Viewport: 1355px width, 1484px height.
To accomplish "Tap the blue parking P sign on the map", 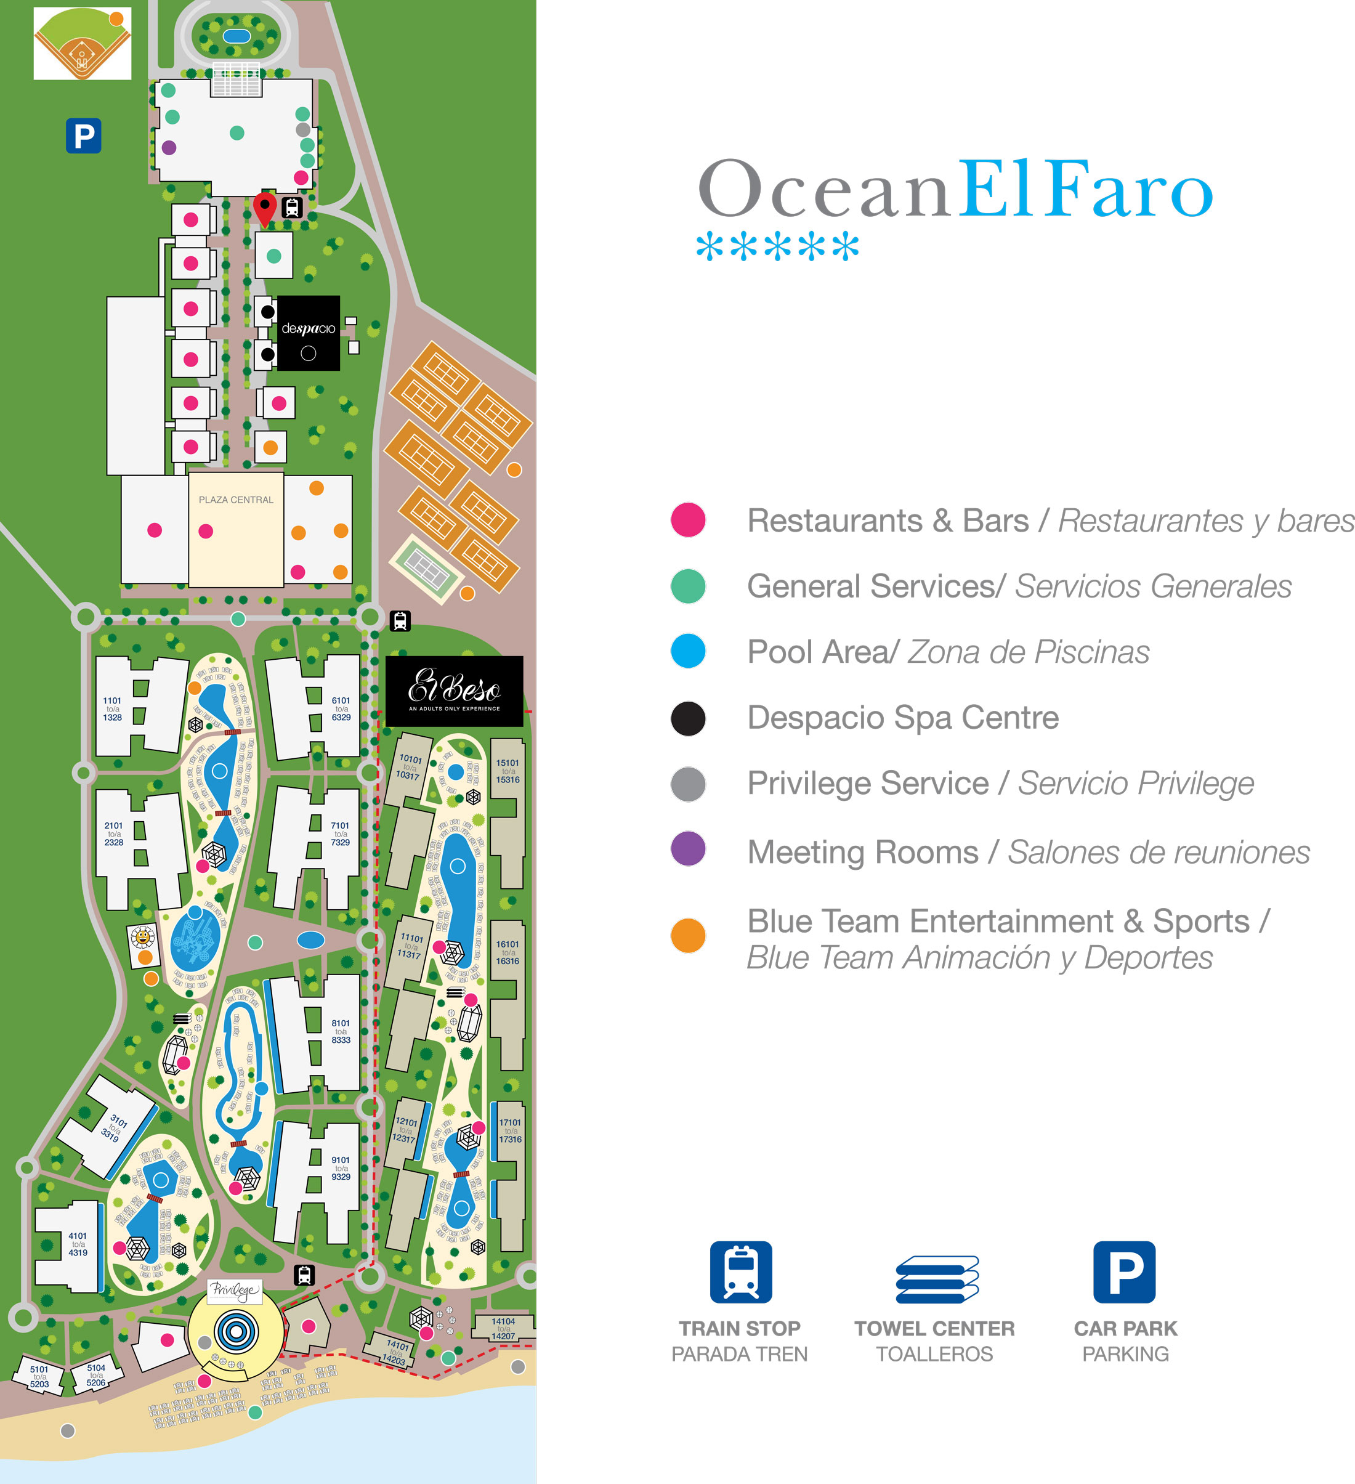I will [x=83, y=136].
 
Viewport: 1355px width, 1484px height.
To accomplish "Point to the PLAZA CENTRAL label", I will [x=235, y=500].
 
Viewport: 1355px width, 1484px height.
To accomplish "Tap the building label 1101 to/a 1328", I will [x=113, y=709].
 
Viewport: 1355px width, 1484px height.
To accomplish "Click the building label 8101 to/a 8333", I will [x=341, y=1031].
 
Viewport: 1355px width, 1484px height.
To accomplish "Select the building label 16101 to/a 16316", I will [x=507, y=952].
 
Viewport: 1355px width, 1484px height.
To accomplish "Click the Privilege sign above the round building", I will [x=234, y=1290].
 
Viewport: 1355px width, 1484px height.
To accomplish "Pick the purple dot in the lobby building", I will [x=169, y=147].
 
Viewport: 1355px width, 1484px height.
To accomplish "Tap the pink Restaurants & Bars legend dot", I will [x=688, y=520].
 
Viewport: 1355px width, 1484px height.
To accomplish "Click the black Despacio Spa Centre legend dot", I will [x=688, y=718].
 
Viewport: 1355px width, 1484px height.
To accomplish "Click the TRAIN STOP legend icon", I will [x=740, y=1272].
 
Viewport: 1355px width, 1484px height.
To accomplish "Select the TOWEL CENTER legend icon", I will [x=936, y=1279].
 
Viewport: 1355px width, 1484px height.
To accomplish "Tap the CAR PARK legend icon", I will [x=1124, y=1272].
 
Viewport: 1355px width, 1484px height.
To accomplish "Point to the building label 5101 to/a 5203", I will [x=39, y=1377].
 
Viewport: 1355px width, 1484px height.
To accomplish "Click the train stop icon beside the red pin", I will [x=292, y=208].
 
